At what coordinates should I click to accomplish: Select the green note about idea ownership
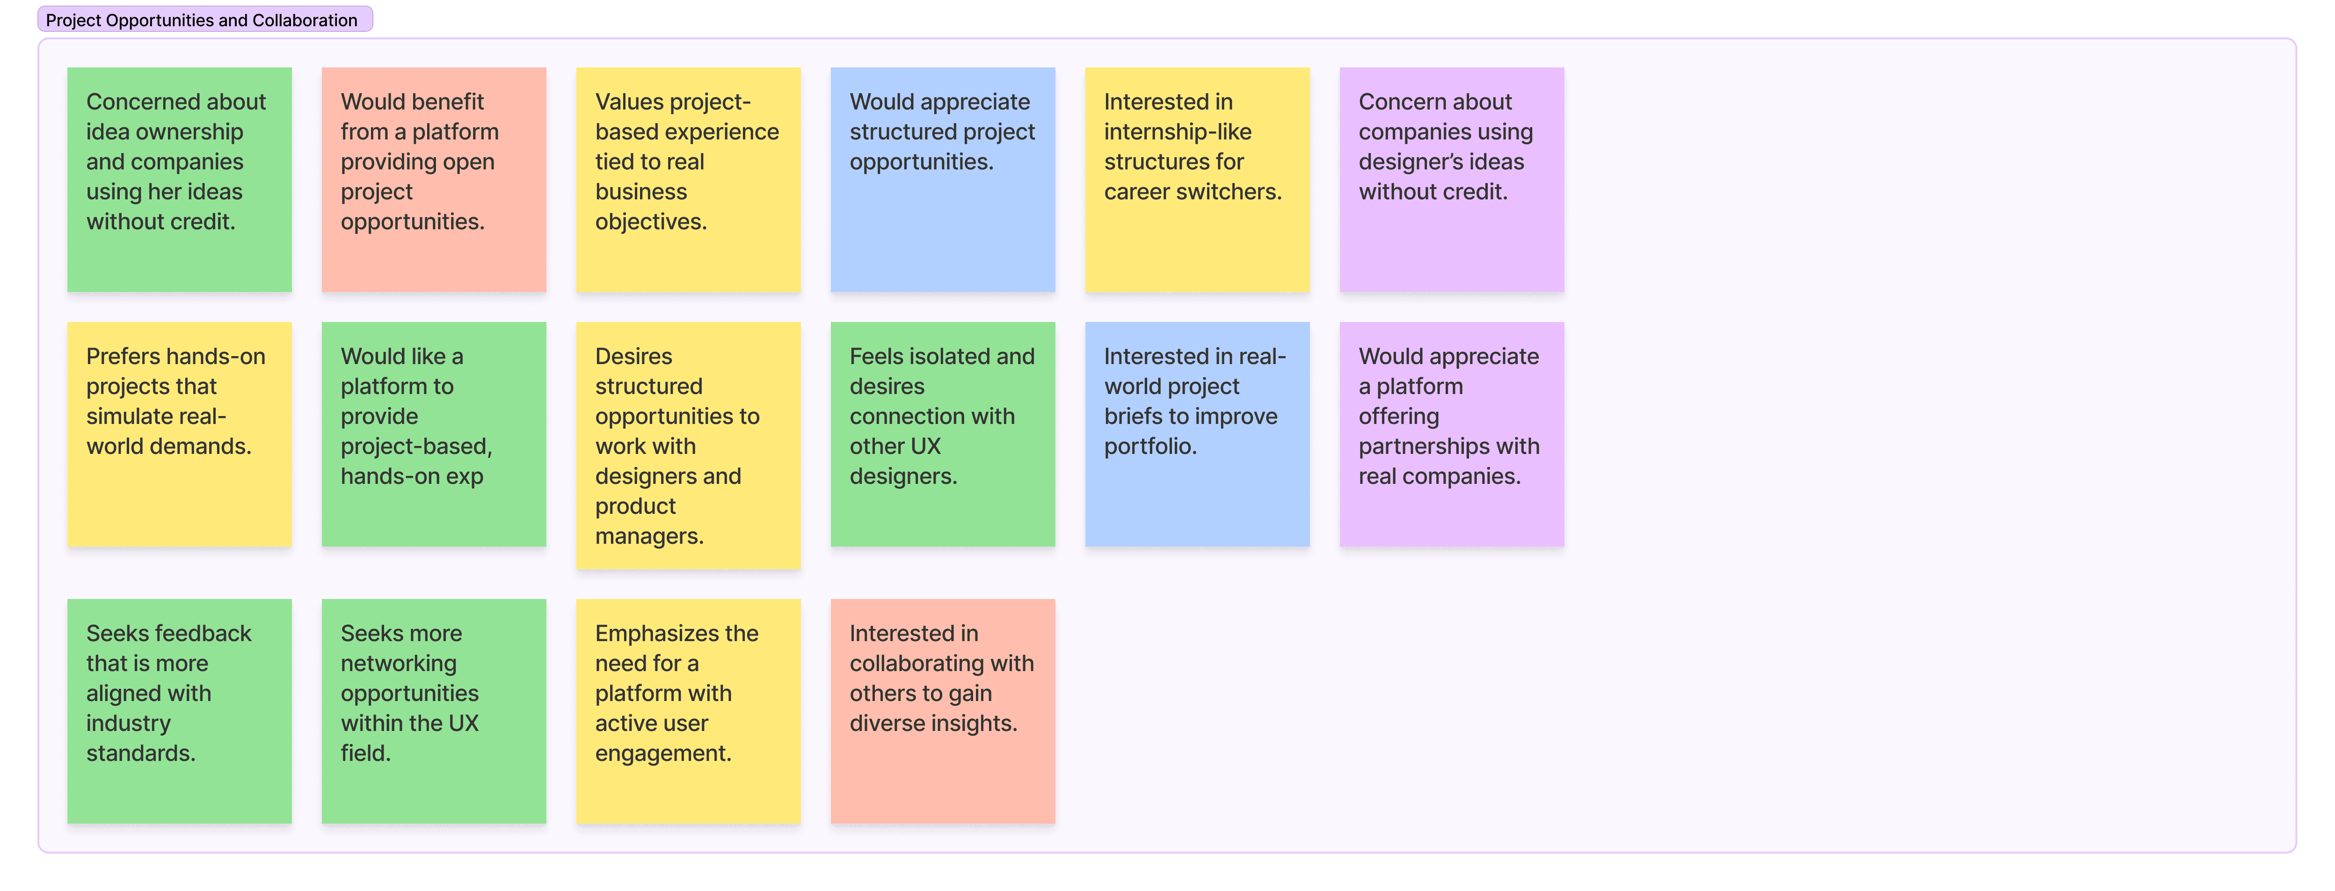(180, 180)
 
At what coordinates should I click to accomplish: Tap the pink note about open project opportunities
(434, 180)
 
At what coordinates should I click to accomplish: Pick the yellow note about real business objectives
(689, 180)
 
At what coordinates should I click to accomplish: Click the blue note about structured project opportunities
(943, 180)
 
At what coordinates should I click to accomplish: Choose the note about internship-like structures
(1197, 180)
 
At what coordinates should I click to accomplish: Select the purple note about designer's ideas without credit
(1452, 180)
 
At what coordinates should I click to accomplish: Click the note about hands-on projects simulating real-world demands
(180, 434)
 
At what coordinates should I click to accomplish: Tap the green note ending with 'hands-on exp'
(434, 434)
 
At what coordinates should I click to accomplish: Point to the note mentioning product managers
(689, 445)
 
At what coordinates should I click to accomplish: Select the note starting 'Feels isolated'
(943, 434)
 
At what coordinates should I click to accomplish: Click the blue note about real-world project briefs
(1197, 434)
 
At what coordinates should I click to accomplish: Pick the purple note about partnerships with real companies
(1452, 434)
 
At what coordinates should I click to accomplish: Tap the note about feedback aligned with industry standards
(180, 711)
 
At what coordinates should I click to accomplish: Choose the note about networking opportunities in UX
(434, 711)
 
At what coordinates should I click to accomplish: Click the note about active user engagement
(689, 711)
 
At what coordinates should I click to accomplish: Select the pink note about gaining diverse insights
(943, 711)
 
